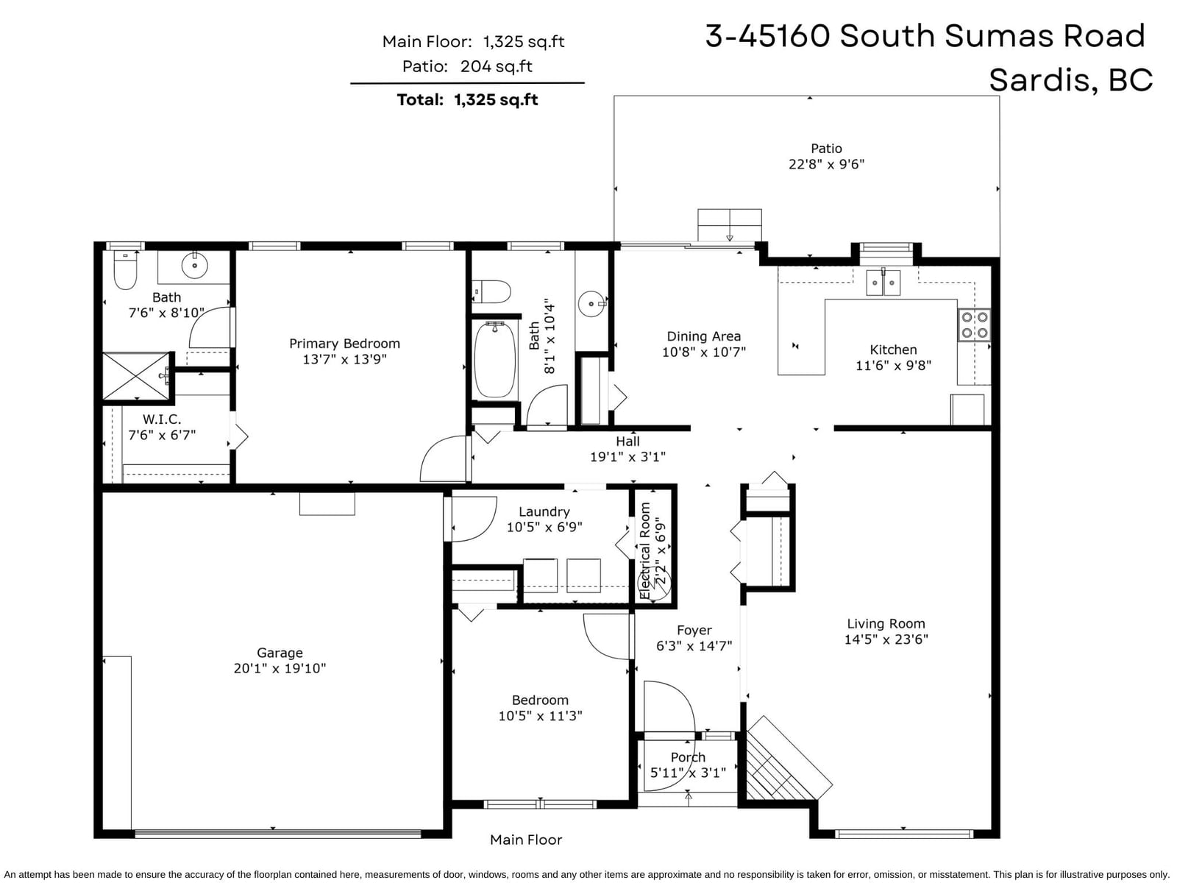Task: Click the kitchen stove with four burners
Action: (x=974, y=325)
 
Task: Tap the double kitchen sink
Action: (x=883, y=283)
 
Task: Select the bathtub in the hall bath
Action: (x=494, y=358)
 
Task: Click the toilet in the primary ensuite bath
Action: (x=125, y=269)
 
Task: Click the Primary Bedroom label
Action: (x=344, y=344)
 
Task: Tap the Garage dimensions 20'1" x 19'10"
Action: (x=280, y=669)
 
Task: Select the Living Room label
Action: (x=886, y=623)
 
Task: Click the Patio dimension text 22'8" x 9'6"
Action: (x=826, y=164)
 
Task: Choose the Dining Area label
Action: (x=703, y=336)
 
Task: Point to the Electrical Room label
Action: (x=645, y=550)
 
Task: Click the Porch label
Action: (x=688, y=757)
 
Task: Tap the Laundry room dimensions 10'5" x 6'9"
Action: (x=544, y=527)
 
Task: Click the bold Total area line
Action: (x=467, y=100)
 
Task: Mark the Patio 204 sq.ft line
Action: (x=467, y=66)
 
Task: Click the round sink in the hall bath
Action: (x=592, y=303)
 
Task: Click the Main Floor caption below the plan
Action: (x=526, y=840)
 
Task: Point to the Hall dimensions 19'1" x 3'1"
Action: (x=627, y=457)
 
